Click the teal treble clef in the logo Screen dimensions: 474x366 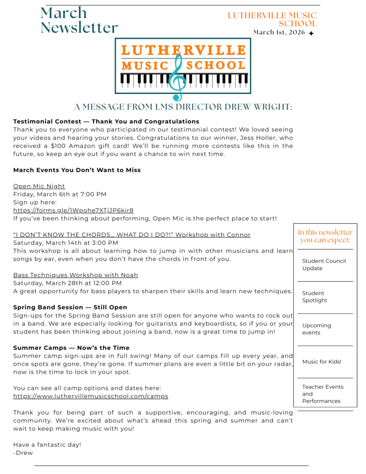pos(177,78)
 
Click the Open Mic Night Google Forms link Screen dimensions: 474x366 pos(73,210)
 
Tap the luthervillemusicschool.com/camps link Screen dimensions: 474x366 pos(91,396)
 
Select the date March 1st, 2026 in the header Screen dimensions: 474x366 pos(279,32)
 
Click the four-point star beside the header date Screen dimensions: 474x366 pos(311,33)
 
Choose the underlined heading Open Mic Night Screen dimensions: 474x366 pos(39,186)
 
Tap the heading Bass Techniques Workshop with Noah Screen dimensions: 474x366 pos(75,275)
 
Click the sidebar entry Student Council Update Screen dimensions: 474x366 pos(324,264)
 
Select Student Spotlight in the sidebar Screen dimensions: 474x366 pos(315,297)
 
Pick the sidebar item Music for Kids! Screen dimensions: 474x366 pos(322,362)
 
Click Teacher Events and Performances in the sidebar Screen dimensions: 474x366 pos(323,394)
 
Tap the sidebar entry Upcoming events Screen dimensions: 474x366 pos(316,329)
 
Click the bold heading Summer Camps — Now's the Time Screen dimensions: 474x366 pos(71,348)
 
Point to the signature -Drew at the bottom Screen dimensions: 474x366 pos(23,453)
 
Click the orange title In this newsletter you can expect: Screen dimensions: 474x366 pos(325,236)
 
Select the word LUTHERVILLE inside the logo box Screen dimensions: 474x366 pos(183,50)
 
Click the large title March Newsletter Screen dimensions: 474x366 pos(79,20)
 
